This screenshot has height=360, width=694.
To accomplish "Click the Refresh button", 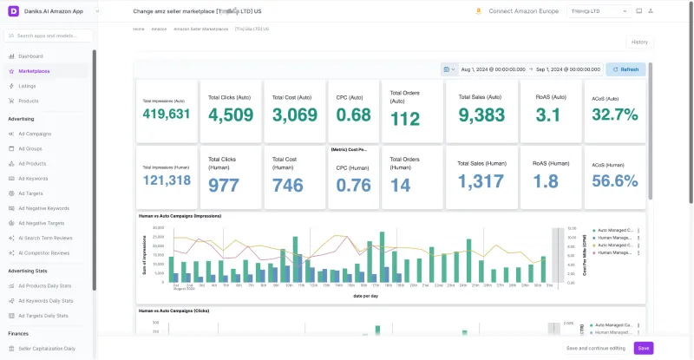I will [x=625, y=69].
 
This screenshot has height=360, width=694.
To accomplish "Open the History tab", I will [x=638, y=42].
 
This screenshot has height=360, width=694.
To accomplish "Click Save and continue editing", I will [x=595, y=348].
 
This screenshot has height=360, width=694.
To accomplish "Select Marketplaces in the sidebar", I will [x=34, y=70].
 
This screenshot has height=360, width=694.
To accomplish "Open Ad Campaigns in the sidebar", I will [x=35, y=134].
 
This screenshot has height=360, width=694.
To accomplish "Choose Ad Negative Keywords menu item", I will [x=43, y=208].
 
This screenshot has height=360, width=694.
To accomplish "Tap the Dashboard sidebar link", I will [x=30, y=56].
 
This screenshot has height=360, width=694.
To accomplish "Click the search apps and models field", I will [x=49, y=36].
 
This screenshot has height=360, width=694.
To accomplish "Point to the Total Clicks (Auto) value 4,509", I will [x=231, y=115].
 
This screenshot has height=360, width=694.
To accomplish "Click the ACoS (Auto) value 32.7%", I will [x=614, y=115].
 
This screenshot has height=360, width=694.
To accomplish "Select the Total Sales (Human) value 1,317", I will [x=480, y=180].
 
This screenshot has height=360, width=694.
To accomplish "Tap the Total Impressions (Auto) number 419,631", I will [x=166, y=114].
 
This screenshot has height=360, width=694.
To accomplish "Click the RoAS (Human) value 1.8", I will [x=546, y=180].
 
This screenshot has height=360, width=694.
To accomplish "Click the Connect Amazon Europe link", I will [x=523, y=11].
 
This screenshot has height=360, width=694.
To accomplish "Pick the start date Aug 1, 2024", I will [x=491, y=69].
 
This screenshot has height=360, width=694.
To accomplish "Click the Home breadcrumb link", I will [x=139, y=29].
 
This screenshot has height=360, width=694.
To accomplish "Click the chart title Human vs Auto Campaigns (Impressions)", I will [x=180, y=215].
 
